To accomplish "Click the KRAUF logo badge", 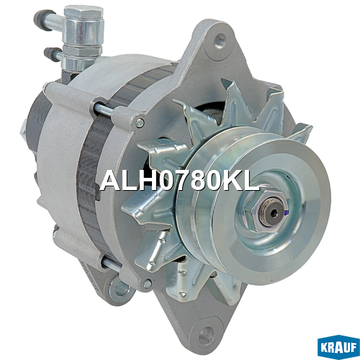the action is pos(338,347).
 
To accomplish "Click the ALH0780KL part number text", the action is pos(179,180).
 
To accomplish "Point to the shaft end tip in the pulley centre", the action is pos(273,211).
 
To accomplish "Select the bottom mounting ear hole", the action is pos(207,332).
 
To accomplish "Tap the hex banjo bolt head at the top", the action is pos(84,12).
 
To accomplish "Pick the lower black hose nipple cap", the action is pos(51,54).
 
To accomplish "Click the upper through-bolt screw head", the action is pos(140,122).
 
